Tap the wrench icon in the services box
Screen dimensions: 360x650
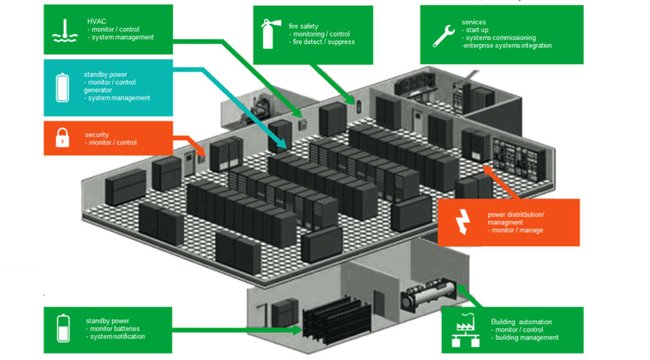(x=443, y=35)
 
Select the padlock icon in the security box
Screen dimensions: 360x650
(x=62, y=138)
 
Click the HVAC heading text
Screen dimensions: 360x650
(x=97, y=21)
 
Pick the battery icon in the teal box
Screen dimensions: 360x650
(x=62, y=87)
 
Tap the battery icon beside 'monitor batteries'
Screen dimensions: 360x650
(x=62, y=328)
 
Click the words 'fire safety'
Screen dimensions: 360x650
(x=303, y=26)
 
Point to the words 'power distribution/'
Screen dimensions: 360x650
(x=516, y=214)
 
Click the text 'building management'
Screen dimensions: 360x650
(x=526, y=338)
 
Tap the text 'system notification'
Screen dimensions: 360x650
(x=117, y=336)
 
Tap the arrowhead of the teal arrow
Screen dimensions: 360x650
(x=283, y=144)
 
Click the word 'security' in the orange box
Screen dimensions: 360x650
(x=97, y=135)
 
